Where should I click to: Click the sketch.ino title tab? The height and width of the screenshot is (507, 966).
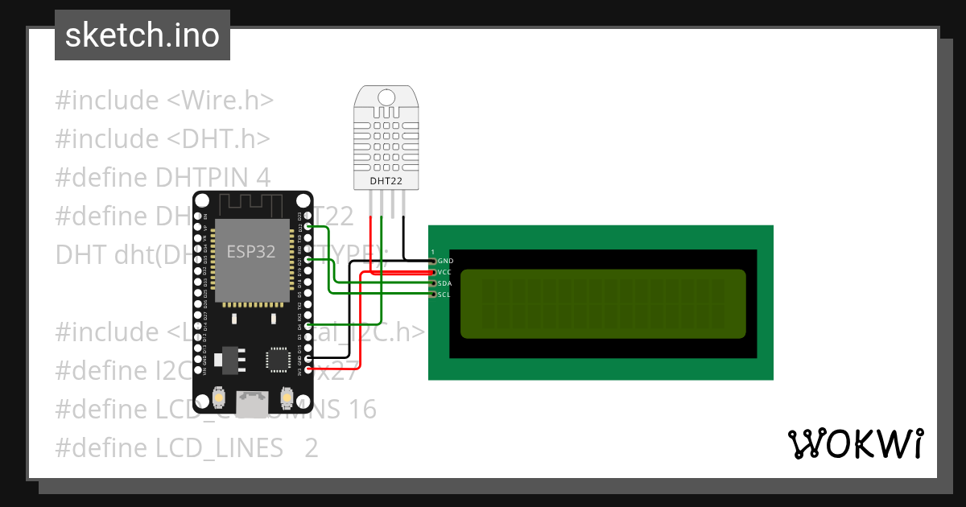[x=142, y=35]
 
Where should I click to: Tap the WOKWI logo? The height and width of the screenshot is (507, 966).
[x=855, y=444]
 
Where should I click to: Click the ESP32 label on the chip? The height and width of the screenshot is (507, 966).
[x=250, y=252]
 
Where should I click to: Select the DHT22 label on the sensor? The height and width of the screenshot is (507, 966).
[x=386, y=181]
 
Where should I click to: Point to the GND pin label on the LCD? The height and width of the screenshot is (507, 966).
[x=444, y=262]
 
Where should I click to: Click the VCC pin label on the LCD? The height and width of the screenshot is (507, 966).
[x=444, y=272]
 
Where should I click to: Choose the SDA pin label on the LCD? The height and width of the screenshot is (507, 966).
[x=444, y=283]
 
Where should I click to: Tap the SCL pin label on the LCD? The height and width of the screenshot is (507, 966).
[x=444, y=295]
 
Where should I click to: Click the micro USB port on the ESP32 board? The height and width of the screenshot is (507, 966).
[x=252, y=402]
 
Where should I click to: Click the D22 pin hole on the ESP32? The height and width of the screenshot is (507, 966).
[x=308, y=228]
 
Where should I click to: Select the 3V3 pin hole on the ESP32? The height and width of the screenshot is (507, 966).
[x=308, y=371]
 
